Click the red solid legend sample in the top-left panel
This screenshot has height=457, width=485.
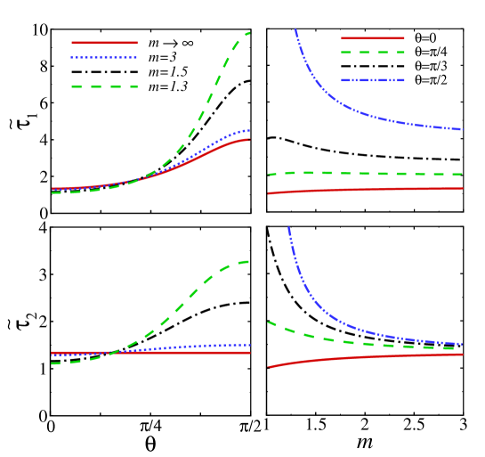[x=104, y=42]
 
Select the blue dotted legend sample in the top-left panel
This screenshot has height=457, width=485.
[x=104, y=57]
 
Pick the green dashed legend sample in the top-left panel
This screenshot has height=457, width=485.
[x=104, y=86]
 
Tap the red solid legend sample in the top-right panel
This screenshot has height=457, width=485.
[x=372, y=38]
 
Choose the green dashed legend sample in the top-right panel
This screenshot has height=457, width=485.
[x=372, y=53]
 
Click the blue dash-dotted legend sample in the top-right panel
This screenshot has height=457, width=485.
[x=372, y=80]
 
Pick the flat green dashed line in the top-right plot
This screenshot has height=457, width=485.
[x=374, y=174]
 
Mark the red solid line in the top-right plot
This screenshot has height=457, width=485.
[x=374, y=189]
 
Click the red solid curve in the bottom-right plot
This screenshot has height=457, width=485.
[x=356, y=357]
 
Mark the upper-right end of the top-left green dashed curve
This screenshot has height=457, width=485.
[x=249, y=33]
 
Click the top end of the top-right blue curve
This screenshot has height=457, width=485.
[x=295, y=30]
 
